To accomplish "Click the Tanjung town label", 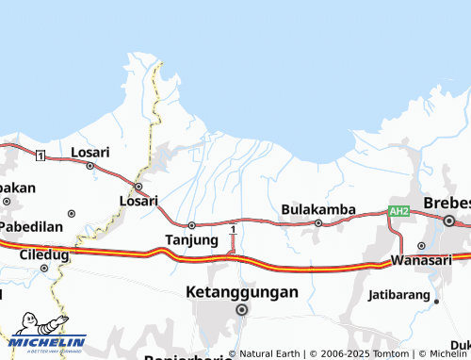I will coord(192,239).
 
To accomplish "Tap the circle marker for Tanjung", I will coord(191,225).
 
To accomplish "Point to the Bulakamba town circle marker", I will coord(318,223).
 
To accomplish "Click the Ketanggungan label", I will coord(242,292).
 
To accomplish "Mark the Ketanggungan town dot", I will coord(242,308).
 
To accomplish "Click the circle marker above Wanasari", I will coord(421,246).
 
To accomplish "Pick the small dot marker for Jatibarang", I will coord(437,302).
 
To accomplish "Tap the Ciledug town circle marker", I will coord(44,269).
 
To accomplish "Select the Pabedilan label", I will coord(30,227).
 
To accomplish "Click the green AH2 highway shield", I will coord(399,212).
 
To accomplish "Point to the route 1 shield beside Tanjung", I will coord(233,229).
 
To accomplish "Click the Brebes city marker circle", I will coord(450,221).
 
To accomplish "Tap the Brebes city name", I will coord(447,204).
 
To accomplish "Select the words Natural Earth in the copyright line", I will coord(269,354).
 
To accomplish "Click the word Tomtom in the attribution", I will coord(385,354).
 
